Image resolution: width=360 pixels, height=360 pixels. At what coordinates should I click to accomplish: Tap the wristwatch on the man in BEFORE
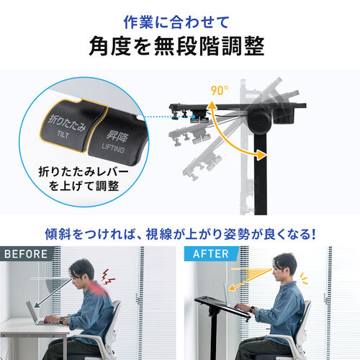click(x=63, y=321)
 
